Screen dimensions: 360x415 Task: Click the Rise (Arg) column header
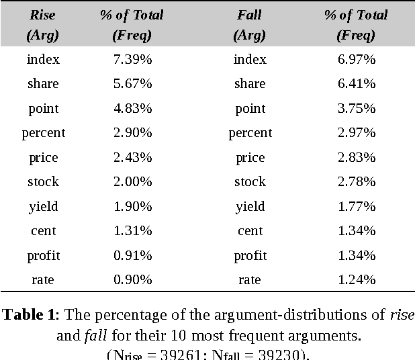tap(43, 25)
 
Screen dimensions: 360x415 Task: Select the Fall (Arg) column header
tap(250, 25)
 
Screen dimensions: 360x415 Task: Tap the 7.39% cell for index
tap(132, 60)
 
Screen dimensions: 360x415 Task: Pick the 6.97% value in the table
tap(356, 60)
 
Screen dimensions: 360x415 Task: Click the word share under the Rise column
tap(43, 84)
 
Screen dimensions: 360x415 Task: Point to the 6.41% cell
tap(356, 84)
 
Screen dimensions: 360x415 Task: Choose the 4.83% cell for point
tap(132, 109)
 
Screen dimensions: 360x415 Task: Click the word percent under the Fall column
tap(250, 133)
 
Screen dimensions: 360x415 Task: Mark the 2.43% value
tap(132, 158)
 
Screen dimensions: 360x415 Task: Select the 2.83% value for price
tap(356, 158)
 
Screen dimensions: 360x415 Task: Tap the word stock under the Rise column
tap(43, 182)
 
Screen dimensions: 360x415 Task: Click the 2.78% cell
tap(356, 182)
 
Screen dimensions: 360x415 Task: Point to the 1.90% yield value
tap(132, 207)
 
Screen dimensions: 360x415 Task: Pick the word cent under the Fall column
tap(250, 231)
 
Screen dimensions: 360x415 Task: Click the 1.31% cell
tap(132, 231)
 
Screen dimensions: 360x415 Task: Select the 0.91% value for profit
tap(132, 256)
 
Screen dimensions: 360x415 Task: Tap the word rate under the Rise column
tap(43, 280)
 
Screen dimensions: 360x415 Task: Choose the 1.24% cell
tap(356, 280)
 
